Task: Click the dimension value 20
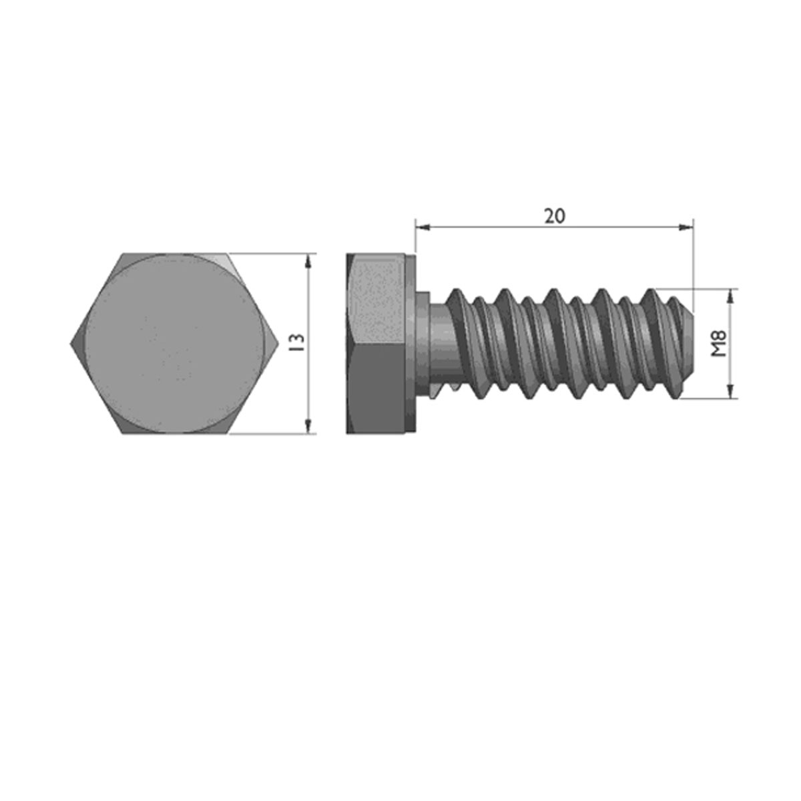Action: pos(554,216)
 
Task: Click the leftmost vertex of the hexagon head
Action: pos(71,344)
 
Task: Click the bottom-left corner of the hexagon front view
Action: pos(122,433)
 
